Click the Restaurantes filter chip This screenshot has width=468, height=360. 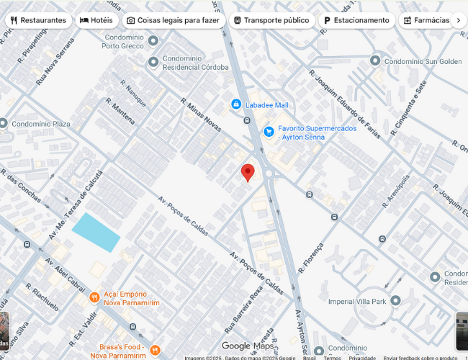pos(39,20)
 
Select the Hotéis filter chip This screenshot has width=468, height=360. pos(96,20)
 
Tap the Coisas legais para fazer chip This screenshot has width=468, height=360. pos(174,20)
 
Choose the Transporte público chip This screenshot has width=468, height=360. pos(271,20)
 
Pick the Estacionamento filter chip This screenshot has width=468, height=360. pos(356,20)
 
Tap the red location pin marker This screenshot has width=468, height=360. pos(248,172)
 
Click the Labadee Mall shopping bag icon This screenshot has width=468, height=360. pos(235,104)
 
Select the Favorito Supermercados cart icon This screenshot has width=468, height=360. pos(269,131)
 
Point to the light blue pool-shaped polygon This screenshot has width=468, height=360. pos(96,232)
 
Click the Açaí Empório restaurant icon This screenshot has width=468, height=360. pos(94,297)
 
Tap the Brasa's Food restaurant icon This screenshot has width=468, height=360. pos(154,350)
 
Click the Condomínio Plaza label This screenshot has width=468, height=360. pos(41,124)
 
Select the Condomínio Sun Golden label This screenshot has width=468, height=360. pos(424,62)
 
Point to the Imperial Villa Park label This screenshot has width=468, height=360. pos(357,301)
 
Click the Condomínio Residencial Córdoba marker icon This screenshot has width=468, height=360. pos(153,62)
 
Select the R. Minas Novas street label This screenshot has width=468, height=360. pos(201,115)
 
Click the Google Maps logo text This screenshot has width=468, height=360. pos(247,346)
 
